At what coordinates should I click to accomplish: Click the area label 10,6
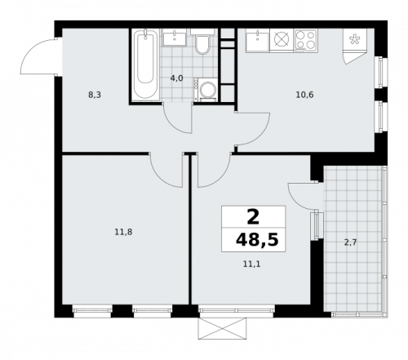(304, 94)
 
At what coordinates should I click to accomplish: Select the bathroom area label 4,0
(176, 78)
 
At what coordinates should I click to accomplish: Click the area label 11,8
(123, 232)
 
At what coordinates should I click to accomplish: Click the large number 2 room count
(253, 217)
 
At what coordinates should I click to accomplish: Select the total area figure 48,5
(254, 241)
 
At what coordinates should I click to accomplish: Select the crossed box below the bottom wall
(222, 327)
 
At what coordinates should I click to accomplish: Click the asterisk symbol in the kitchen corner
(355, 38)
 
